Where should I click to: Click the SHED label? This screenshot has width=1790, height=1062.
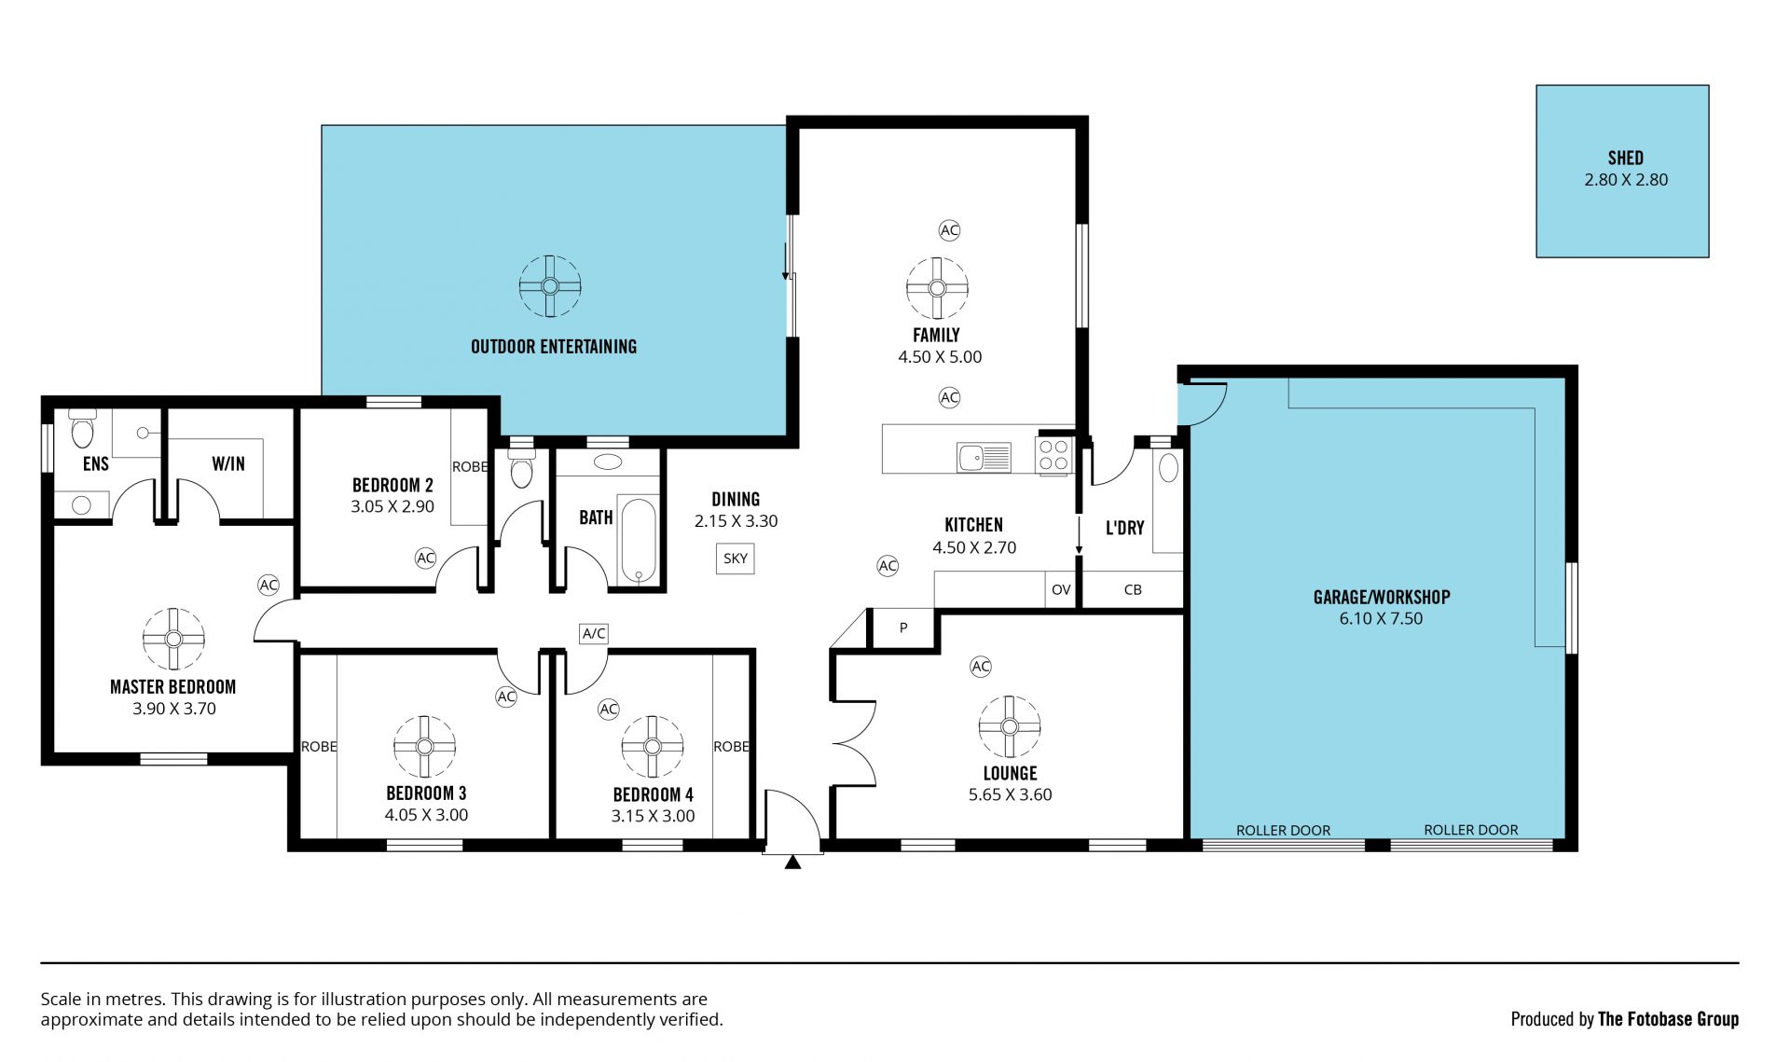[x=1625, y=159]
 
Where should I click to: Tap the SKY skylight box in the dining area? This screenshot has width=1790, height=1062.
[x=736, y=559]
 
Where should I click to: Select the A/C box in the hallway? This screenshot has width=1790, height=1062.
[x=594, y=634]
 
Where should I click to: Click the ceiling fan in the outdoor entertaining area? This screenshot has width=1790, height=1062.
[x=550, y=286]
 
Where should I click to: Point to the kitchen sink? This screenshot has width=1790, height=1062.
[x=984, y=457]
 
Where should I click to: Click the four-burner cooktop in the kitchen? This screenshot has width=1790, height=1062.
[x=1053, y=455]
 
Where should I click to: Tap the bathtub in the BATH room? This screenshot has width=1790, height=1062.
[x=638, y=541]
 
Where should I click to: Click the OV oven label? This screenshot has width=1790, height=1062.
[x=1061, y=590]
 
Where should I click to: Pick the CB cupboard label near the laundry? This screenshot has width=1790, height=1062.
[x=1133, y=590]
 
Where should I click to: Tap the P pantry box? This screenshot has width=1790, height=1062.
[x=903, y=628]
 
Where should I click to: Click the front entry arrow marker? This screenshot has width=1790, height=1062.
[x=792, y=862]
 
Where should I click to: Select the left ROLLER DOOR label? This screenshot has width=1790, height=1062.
[x=1283, y=830]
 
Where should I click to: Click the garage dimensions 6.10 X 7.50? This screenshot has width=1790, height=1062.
[x=1381, y=618]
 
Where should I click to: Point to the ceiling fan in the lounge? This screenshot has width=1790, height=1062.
[x=1010, y=726]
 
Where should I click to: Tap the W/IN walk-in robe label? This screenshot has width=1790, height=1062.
[x=228, y=463]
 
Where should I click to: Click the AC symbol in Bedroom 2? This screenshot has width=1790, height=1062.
[x=425, y=559]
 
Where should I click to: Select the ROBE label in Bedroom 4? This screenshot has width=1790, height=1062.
[x=731, y=747]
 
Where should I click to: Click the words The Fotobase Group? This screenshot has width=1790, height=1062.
[x=1668, y=1019]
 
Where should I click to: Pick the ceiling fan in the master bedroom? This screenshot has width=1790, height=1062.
[x=173, y=639]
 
